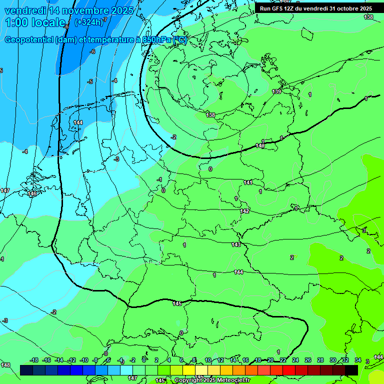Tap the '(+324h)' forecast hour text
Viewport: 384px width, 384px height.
point(88,22)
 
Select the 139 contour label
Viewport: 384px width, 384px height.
point(276,91)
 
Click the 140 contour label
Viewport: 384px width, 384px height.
point(260,145)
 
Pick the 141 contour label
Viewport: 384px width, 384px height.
point(248,182)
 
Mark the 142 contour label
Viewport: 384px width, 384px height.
point(244,211)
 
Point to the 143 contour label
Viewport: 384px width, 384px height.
point(236,244)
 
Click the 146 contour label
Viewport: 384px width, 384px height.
point(32,193)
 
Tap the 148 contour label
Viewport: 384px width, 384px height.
point(5,365)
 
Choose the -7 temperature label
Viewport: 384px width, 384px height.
point(104,19)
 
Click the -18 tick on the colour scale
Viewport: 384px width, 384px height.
point(34,360)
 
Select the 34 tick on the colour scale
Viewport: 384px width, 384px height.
point(357,360)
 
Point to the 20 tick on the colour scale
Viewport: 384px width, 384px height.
point(270,360)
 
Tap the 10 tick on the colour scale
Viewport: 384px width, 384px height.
point(208,360)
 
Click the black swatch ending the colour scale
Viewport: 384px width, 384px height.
point(351,370)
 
